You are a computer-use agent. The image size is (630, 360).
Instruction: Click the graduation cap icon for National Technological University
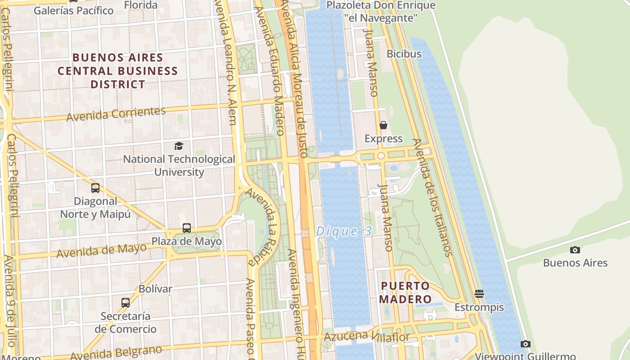[179, 146]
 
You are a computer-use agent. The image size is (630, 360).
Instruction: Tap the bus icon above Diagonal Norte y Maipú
[95, 188]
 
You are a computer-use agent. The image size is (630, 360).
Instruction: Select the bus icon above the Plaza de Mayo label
[187, 228]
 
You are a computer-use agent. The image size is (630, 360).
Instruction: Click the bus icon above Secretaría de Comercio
[126, 303]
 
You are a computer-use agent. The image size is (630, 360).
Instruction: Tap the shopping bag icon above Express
[383, 125]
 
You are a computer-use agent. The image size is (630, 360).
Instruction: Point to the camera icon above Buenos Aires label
[575, 250]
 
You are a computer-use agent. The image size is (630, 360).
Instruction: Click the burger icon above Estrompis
[479, 294]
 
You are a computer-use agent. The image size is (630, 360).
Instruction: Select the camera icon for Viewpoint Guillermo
[525, 344]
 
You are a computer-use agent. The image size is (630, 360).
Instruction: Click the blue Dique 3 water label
[344, 231]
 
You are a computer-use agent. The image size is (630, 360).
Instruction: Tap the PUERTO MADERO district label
[405, 292]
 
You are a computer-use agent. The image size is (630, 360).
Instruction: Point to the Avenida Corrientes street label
[116, 114]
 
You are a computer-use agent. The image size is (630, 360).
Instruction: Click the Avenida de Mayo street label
[101, 250]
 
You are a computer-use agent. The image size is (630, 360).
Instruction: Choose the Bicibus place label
[404, 54]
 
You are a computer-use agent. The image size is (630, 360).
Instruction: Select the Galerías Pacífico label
[74, 10]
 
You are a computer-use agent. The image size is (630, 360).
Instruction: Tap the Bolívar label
[155, 289]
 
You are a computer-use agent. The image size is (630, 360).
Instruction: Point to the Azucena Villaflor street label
[367, 336]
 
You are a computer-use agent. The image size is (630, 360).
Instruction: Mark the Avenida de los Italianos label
[432, 198]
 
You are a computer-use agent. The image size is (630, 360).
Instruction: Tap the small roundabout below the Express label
[381, 156]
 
